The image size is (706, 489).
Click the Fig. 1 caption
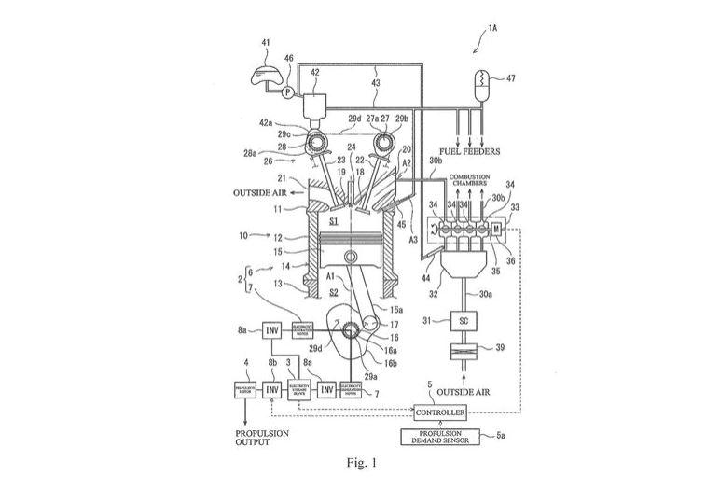pyautogui.click(x=352, y=462)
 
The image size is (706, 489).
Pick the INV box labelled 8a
pyautogui.click(x=272, y=331)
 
